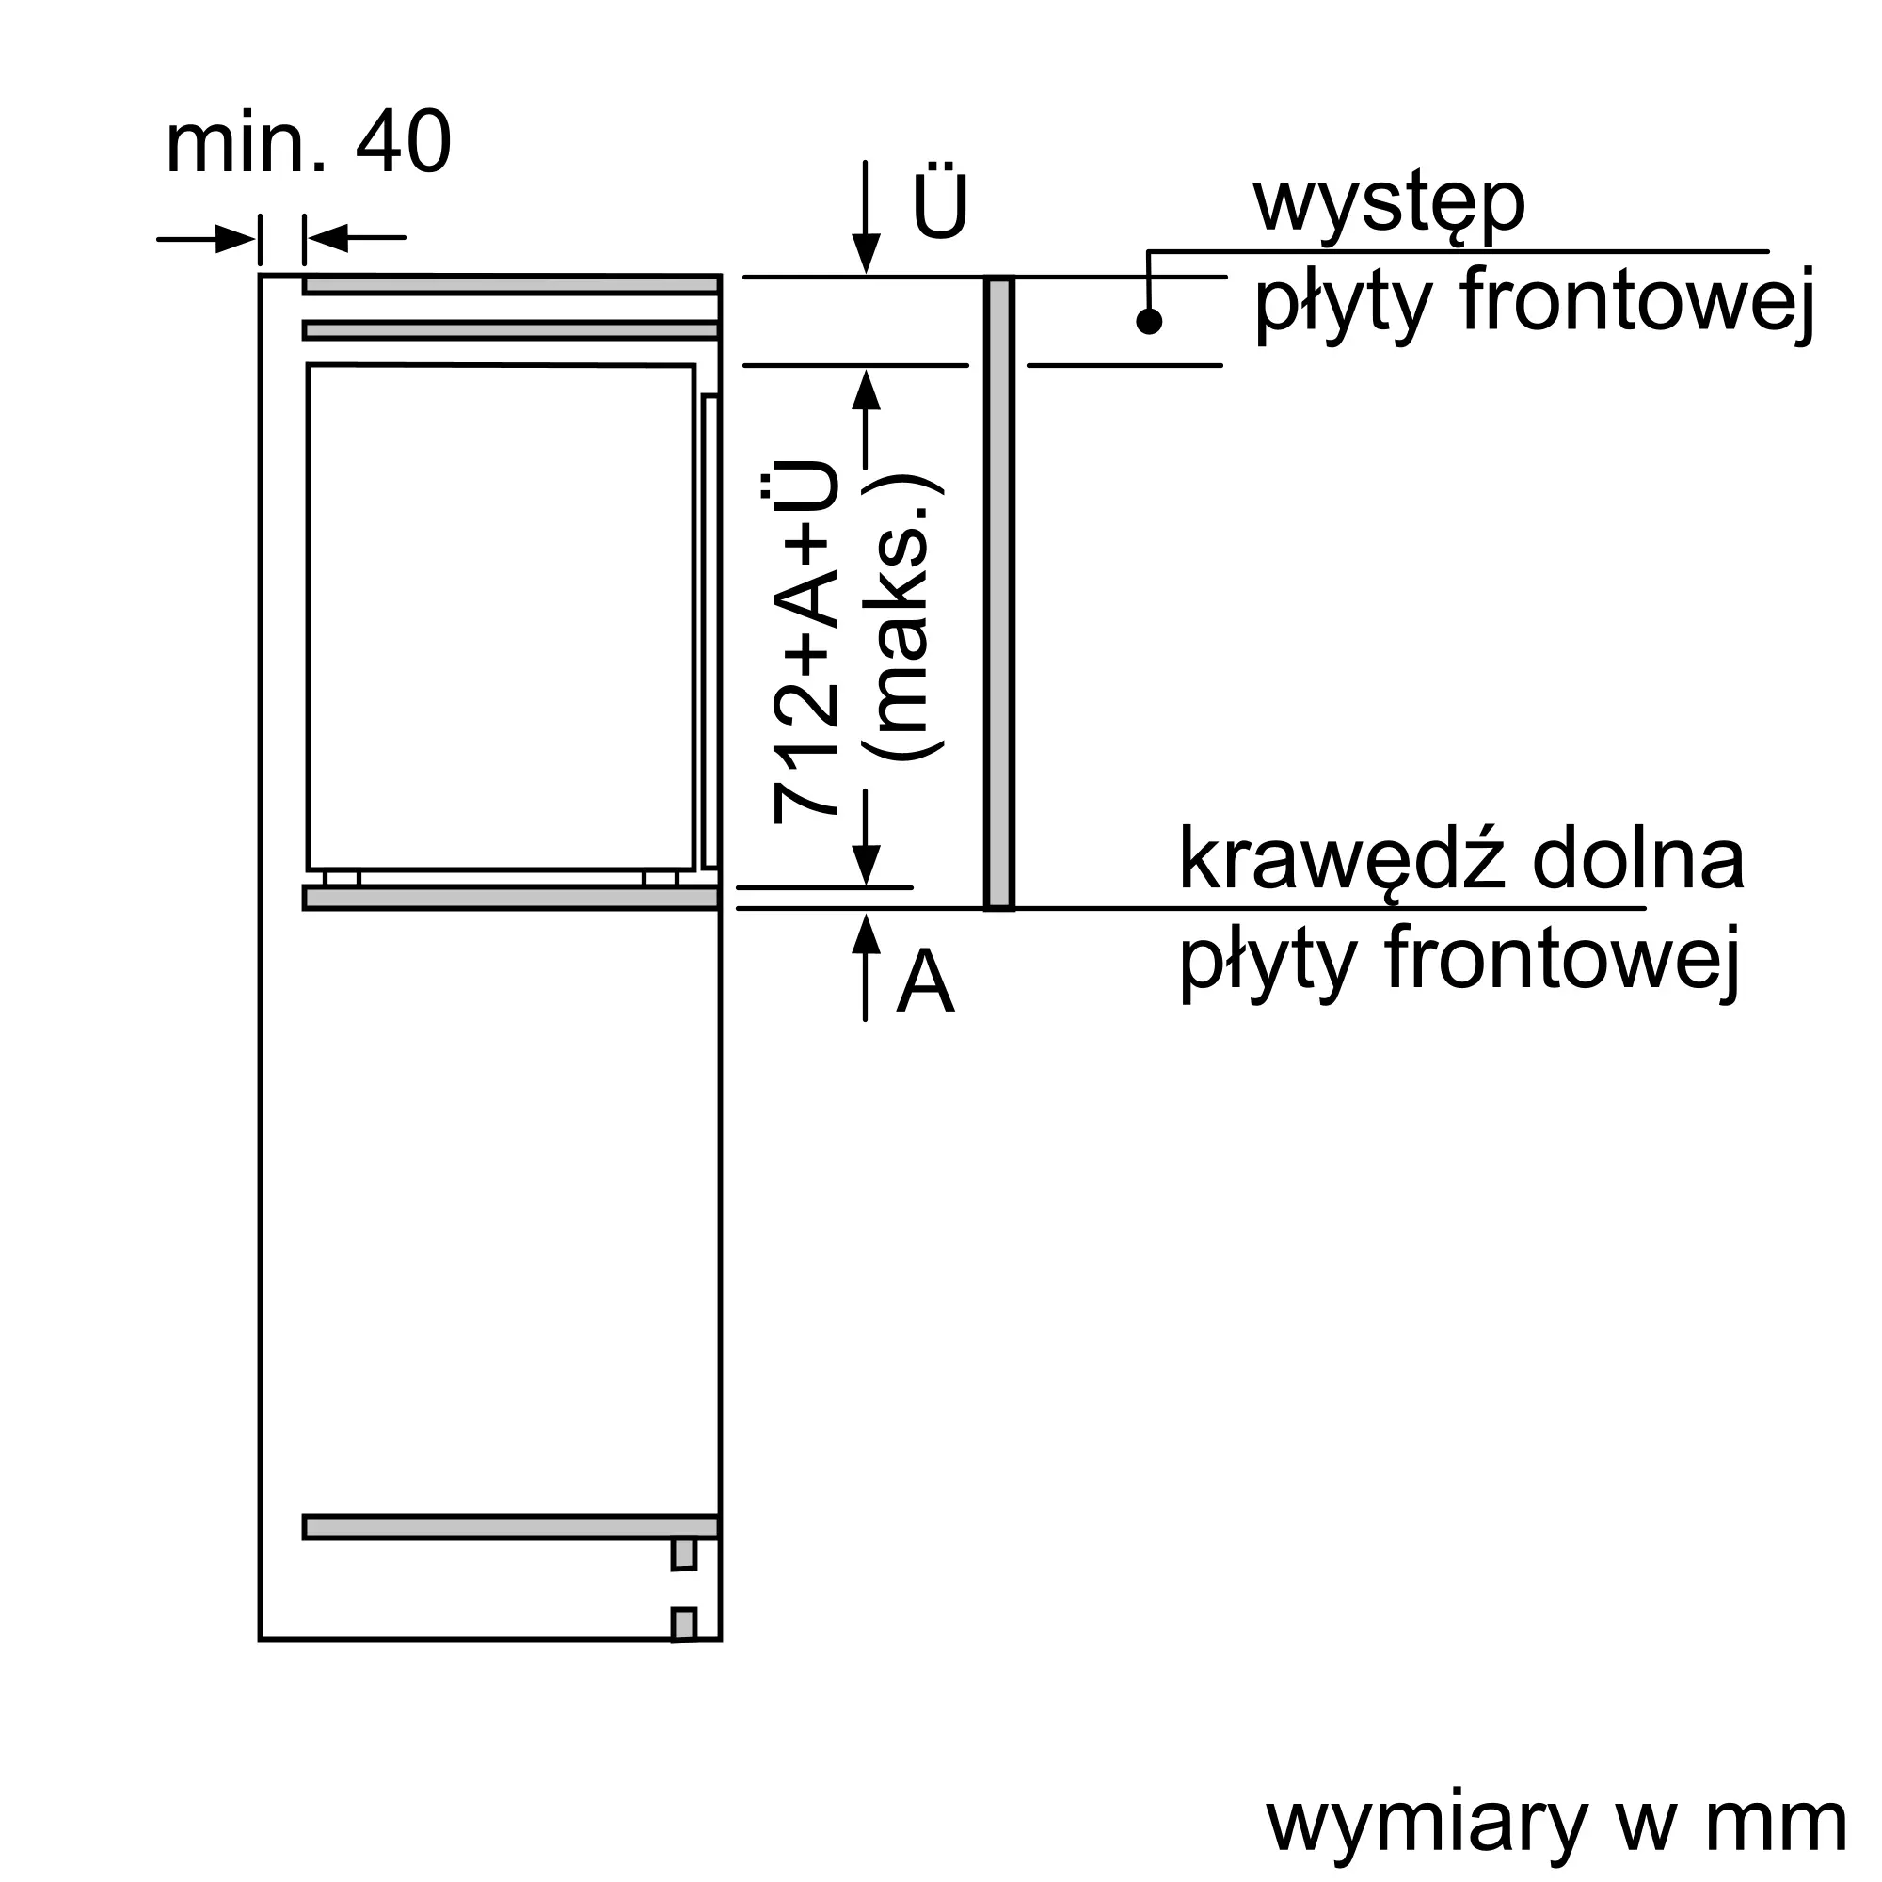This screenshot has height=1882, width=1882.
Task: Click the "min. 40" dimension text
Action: pos(308,144)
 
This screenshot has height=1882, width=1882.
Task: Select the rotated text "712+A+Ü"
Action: pos(805,643)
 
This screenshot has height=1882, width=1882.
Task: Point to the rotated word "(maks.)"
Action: pos(904,617)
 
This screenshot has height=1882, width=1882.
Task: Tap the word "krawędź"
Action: pos(1344,861)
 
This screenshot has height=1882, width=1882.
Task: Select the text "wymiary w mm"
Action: pos(1555,1823)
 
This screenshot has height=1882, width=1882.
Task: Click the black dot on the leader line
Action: pos(1150,321)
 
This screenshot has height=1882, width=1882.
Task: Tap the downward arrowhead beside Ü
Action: pos(865,255)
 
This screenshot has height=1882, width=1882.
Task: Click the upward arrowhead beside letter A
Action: pos(865,933)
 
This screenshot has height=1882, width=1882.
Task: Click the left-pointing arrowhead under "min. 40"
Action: pos(327,238)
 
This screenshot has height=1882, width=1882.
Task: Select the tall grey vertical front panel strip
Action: pos(999,593)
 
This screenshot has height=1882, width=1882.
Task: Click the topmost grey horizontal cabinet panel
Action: pos(511,284)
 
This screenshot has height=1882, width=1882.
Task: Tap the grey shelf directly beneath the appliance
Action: pos(511,897)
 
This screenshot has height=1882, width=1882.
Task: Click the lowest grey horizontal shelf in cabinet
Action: pos(511,1526)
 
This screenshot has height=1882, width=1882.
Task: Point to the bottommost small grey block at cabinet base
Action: pos(684,1626)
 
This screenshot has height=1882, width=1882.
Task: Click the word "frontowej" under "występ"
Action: pos(1636,302)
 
